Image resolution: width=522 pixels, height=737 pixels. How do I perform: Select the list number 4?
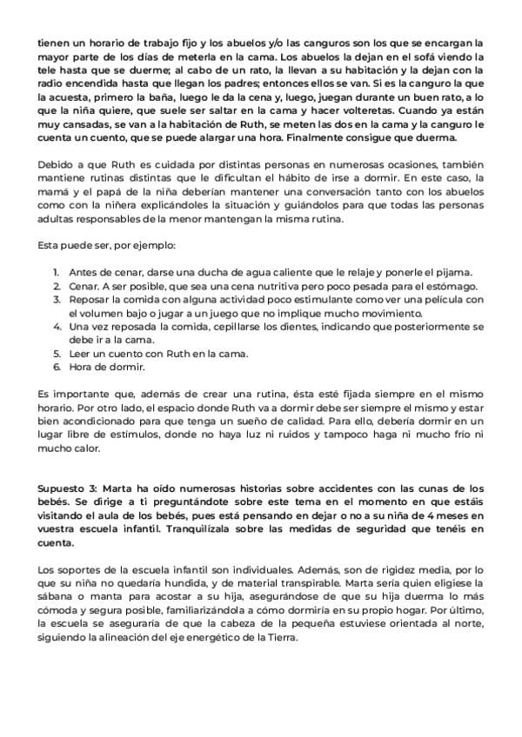pyautogui.click(x=55, y=327)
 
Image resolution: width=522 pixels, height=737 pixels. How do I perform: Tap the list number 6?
pyautogui.click(x=55, y=367)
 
